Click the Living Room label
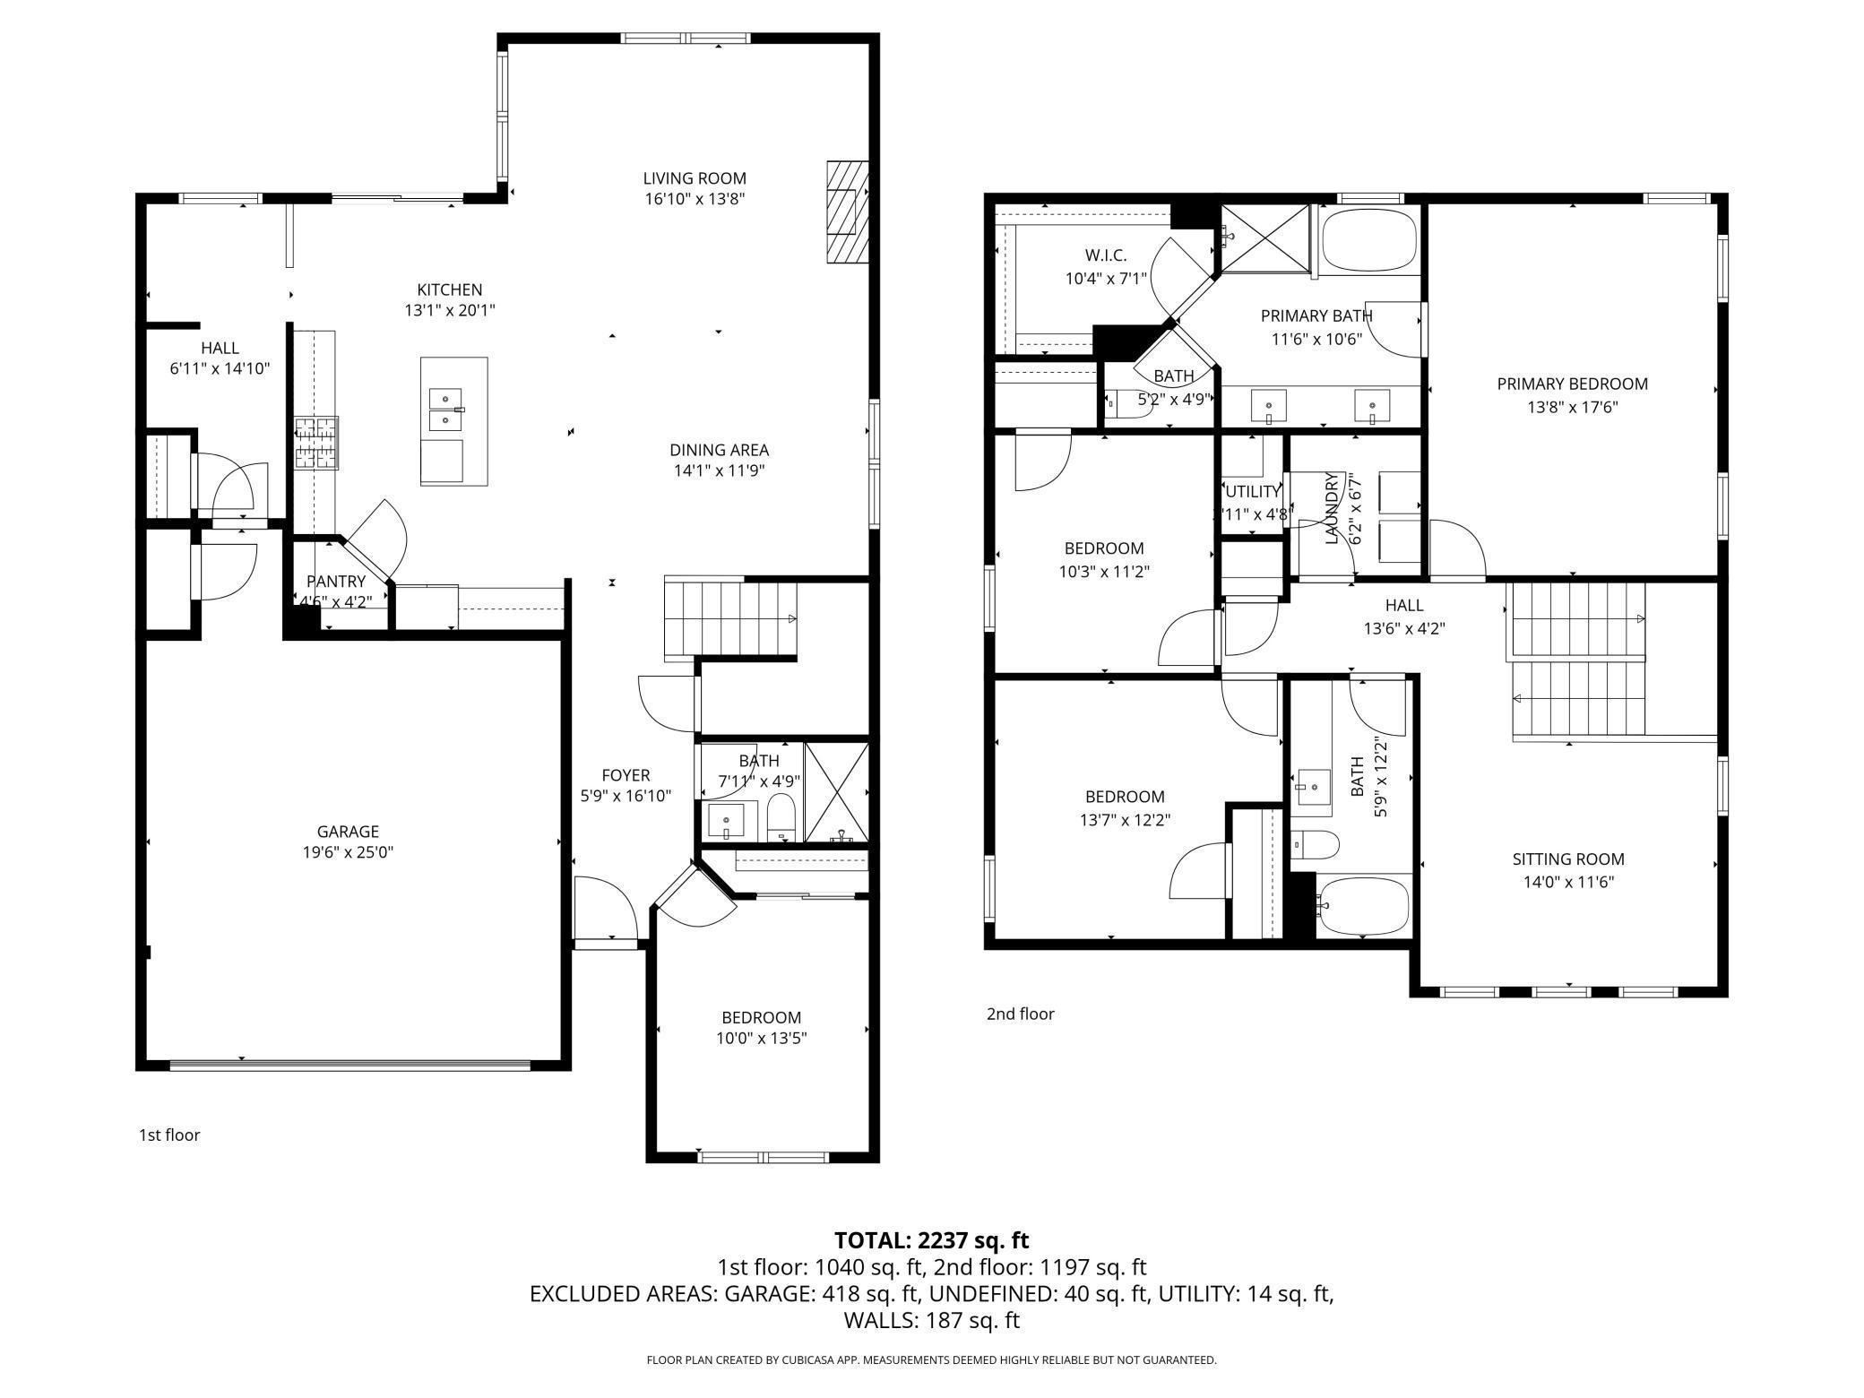click(695, 178)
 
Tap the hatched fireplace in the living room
click(848, 212)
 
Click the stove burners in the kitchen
click(317, 443)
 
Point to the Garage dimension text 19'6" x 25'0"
click(348, 852)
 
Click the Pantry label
click(336, 582)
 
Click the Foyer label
click(626, 775)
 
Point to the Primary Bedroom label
click(1572, 384)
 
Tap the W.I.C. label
click(1105, 255)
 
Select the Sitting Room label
click(1568, 859)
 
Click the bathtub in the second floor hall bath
click(1363, 906)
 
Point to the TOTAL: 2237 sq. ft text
click(931, 1240)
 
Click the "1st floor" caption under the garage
click(168, 1135)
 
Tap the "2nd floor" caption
click(1020, 1014)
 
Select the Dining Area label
click(719, 450)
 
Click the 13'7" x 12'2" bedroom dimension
click(1125, 819)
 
